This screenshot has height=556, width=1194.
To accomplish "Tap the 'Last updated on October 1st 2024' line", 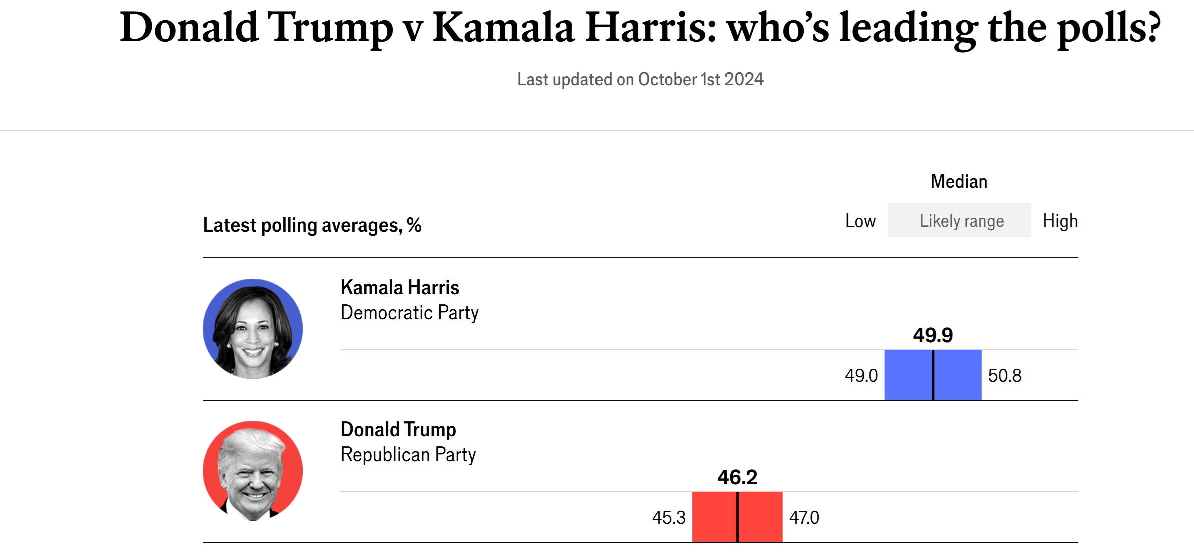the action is (640, 79).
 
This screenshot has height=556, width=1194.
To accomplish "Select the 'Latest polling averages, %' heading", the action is (312, 225).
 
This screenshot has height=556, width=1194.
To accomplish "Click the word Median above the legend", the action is (959, 181).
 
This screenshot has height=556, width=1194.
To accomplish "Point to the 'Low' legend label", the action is (860, 221).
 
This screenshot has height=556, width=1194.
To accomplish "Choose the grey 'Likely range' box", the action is (959, 220).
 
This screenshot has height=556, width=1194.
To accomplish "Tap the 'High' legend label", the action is (1060, 221).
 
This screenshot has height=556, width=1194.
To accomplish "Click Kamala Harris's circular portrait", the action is (253, 329).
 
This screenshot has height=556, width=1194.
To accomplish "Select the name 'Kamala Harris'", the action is (400, 288).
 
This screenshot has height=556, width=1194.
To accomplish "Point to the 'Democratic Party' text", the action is (409, 313).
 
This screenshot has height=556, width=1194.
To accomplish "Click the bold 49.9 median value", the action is (933, 335).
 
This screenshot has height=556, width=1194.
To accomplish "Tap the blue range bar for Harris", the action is (933, 375).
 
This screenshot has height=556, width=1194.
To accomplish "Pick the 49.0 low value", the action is (861, 375).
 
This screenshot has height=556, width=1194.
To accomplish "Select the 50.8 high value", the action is (1005, 375).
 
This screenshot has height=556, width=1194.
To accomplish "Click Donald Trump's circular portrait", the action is (253, 471).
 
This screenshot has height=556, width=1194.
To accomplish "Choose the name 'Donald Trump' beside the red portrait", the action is (398, 430).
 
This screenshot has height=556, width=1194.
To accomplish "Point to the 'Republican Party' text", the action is (408, 455).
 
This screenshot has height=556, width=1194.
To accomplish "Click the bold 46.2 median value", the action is (737, 477).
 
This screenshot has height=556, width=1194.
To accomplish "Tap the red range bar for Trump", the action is (737, 517).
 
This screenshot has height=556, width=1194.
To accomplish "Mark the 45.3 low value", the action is (669, 517).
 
